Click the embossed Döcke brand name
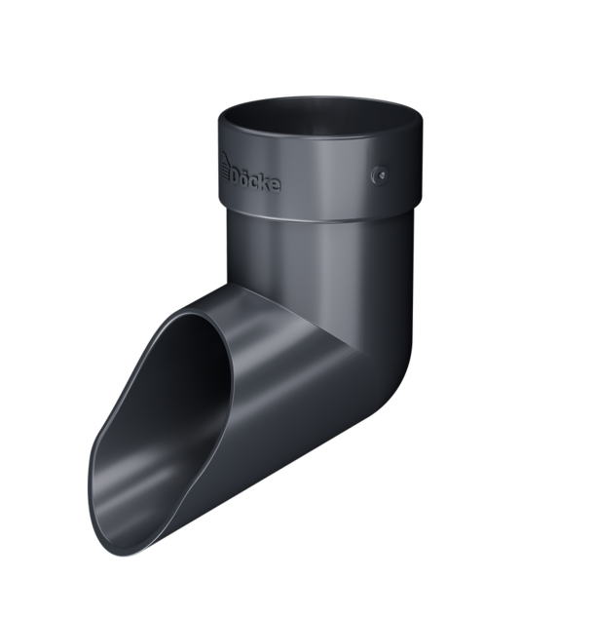click(x=251, y=176)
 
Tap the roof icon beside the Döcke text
click(x=225, y=166)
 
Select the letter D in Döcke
click(x=235, y=177)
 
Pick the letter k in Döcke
click(x=265, y=182)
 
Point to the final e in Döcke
click(x=276, y=185)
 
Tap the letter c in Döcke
click(x=255, y=182)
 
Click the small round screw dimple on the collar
click(x=380, y=174)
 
